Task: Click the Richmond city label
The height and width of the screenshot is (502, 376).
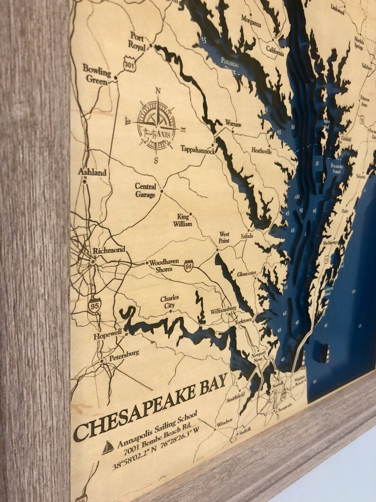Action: tap(109, 250)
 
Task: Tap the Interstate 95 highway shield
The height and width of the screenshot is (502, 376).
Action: tap(94, 305)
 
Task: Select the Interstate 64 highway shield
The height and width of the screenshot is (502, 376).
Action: tap(188, 266)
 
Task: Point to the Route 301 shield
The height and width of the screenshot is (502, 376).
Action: tap(129, 63)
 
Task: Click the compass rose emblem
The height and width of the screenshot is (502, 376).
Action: tap(156, 125)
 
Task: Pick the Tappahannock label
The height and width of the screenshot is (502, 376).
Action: tap(198, 149)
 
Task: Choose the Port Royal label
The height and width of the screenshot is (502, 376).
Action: tap(137, 40)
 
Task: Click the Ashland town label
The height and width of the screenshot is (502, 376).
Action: tap(92, 172)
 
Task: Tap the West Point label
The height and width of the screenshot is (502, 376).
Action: tap(224, 237)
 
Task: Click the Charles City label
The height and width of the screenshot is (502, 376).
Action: tap(169, 302)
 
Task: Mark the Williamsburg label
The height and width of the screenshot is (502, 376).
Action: tap(223, 311)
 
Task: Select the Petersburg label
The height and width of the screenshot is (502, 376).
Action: tap(124, 353)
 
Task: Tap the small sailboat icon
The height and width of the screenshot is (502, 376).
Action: tap(108, 447)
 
